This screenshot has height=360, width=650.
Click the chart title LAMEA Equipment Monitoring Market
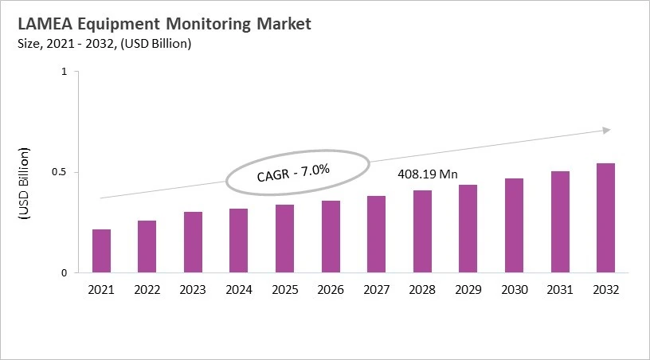coord(159,24)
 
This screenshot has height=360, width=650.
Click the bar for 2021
coord(101,251)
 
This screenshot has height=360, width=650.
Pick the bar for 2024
coord(238,241)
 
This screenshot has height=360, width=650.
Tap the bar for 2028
coord(422,232)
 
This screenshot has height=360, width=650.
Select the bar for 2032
coord(606,218)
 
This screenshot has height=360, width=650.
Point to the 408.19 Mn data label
coord(427,174)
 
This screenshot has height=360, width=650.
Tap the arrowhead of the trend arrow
coord(607,129)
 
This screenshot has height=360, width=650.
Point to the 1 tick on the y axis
coord(65,72)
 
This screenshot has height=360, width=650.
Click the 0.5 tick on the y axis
coord(60,172)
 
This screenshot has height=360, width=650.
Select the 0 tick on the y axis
coord(65,273)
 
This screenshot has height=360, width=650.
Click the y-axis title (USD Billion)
coord(24,183)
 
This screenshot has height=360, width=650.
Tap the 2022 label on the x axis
coord(147,291)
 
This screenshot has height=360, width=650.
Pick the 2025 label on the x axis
coord(284,291)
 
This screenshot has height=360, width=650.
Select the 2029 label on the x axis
coord(468,291)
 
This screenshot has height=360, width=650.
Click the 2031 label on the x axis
coord(560,291)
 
